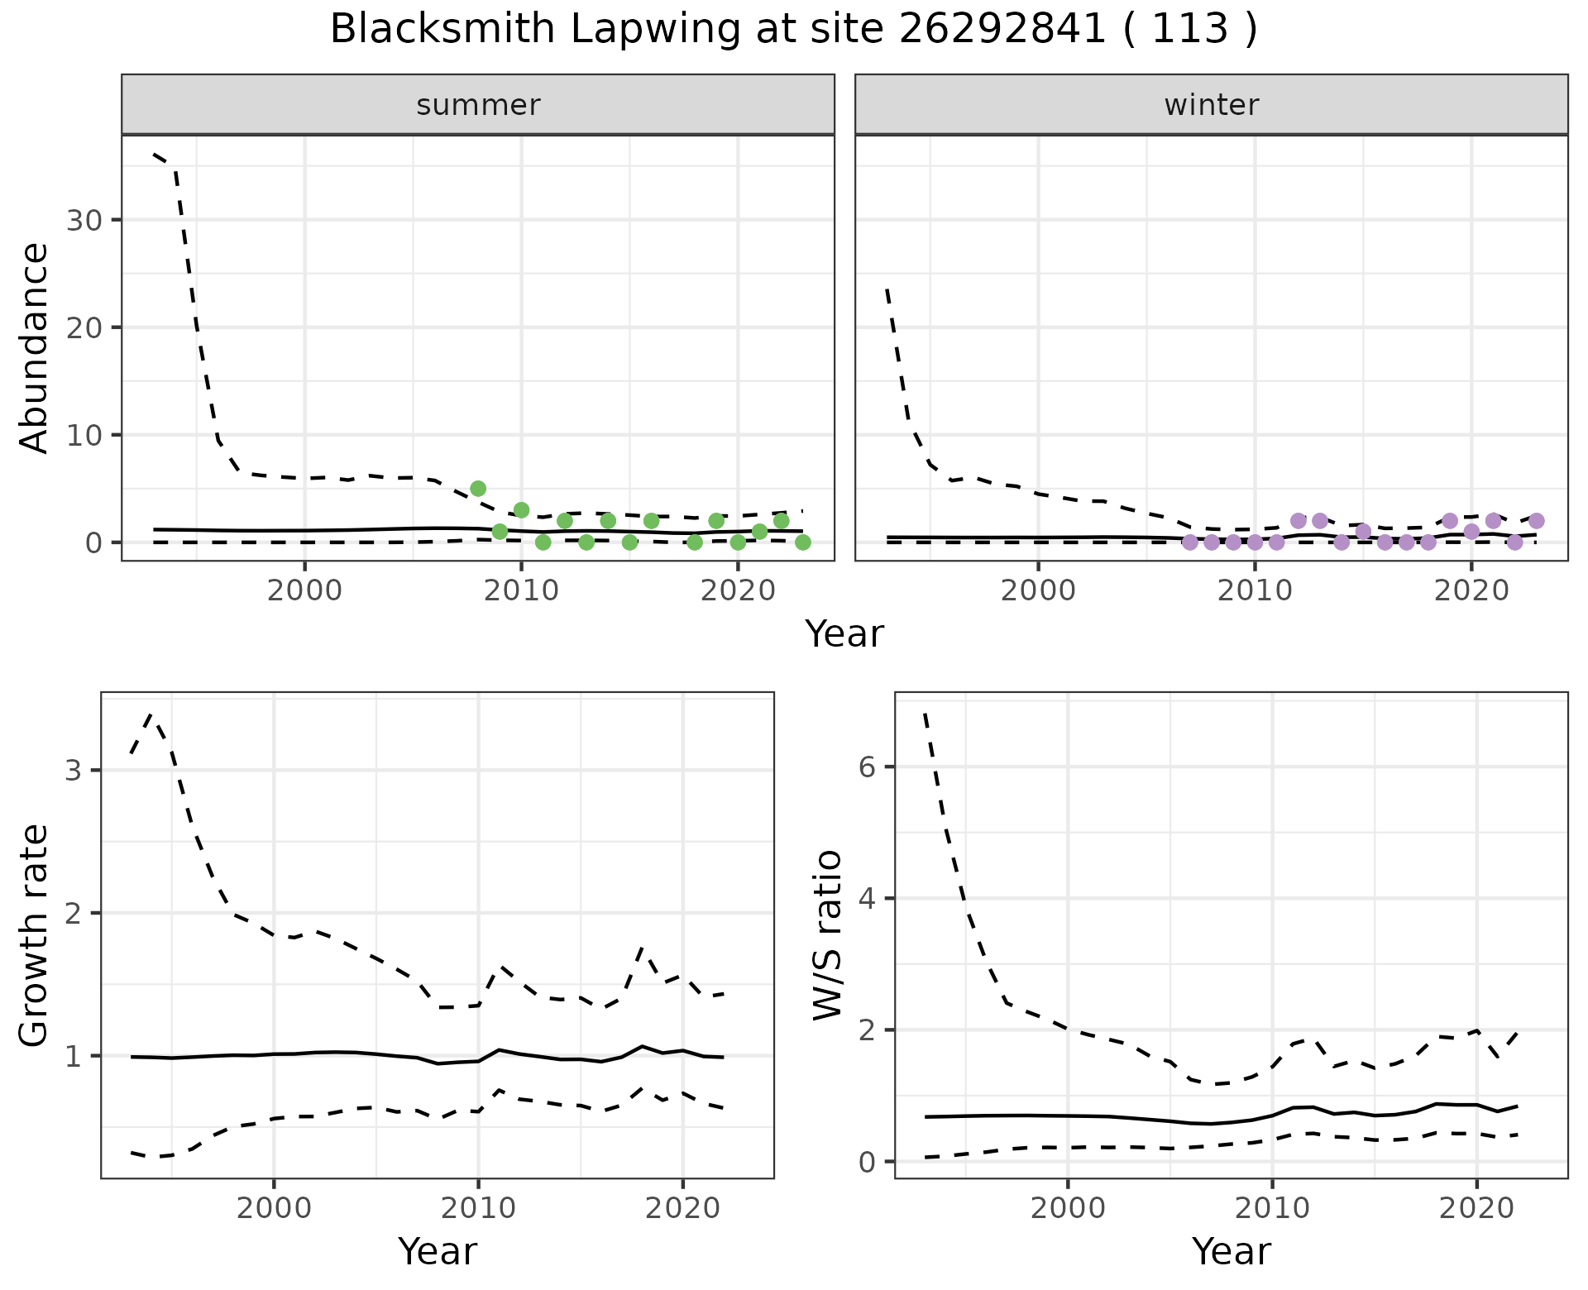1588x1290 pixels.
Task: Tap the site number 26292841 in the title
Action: click(x=1002, y=30)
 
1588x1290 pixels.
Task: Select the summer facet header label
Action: click(x=478, y=105)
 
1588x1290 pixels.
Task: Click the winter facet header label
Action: click(x=1212, y=105)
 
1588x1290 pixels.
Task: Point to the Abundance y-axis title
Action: click(x=35, y=347)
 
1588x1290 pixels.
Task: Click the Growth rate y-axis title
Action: click(x=35, y=936)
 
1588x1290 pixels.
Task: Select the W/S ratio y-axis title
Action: click(x=828, y=936)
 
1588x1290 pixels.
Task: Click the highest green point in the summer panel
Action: click(x=478, y=489)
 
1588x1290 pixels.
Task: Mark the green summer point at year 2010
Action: click(x=521, y=510)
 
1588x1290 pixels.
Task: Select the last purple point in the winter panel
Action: click(x=1536, y=521)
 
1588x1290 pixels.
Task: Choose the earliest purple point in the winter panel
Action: click(x=1190, y=542)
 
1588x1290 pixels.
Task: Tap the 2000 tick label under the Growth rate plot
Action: click(x=274, y=1208)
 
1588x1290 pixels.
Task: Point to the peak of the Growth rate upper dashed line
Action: click(x=150, y=714)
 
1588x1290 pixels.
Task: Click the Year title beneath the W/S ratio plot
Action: click(x=1231, y=1252)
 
